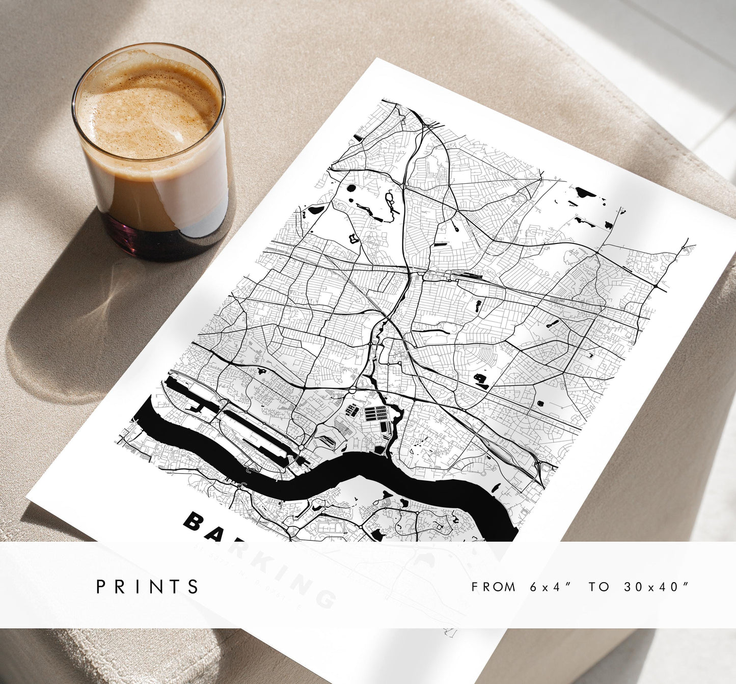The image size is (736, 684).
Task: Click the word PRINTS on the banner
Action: point(148,587)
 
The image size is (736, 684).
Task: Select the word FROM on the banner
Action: point(494,587)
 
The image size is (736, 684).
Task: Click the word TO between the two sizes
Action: point(599,587)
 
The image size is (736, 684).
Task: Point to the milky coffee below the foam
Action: point(153,194)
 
